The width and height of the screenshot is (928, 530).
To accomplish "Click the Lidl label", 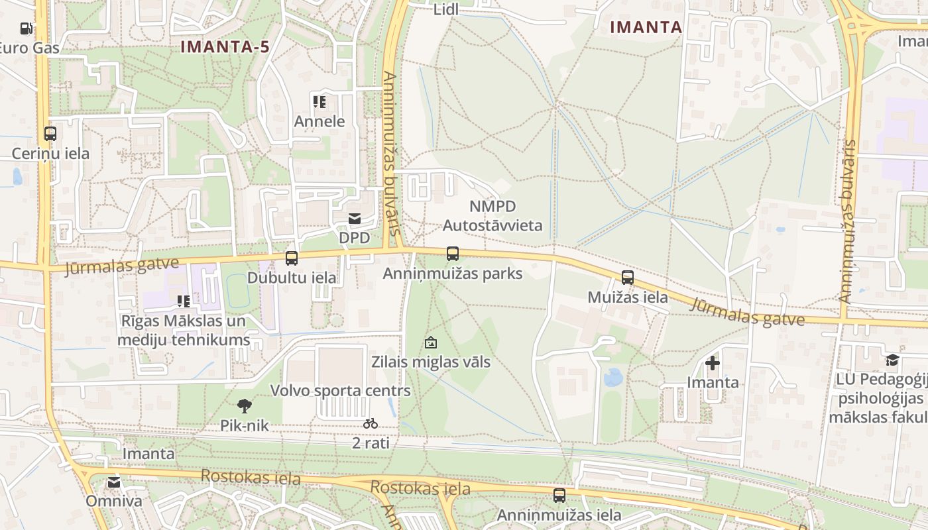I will click(x=445, y=10).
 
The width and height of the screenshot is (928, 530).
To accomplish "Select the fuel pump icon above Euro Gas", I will click(x=27, y=28).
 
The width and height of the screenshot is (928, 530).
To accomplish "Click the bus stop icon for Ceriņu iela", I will click(x=50, y=133).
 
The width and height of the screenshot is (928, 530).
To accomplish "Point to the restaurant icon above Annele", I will click(x=319, y=101).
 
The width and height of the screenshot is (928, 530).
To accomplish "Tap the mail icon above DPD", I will click(x=355, y=219).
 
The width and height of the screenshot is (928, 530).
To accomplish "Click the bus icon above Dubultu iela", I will click(x=292, y=258).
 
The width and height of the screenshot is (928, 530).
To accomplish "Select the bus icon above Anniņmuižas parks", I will click(x=453, y=254).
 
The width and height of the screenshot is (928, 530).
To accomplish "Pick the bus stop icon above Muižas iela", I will click(x=628, y=278).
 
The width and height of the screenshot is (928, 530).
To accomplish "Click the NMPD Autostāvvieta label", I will click(x=492, y=216).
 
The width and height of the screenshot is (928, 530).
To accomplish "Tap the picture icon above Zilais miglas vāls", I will click(x=431, y=343).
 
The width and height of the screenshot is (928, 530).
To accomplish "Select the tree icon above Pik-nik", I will click(x=245, y=405).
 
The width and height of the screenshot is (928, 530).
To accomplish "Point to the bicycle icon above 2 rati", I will click(x=371, y=423).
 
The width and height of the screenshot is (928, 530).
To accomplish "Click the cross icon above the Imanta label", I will click(x=713, y=363).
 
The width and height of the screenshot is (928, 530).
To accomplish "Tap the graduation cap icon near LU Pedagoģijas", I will click(x=893, y=360).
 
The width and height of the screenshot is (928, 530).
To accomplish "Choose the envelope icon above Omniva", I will click(x=114, y=482).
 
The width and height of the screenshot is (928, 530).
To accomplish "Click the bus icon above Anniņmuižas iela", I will click(x=559, y=496).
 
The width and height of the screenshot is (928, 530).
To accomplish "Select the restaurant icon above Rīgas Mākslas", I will click(x=184, y=301).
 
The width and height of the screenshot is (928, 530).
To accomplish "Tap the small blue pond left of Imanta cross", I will click(x=612, y=378).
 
